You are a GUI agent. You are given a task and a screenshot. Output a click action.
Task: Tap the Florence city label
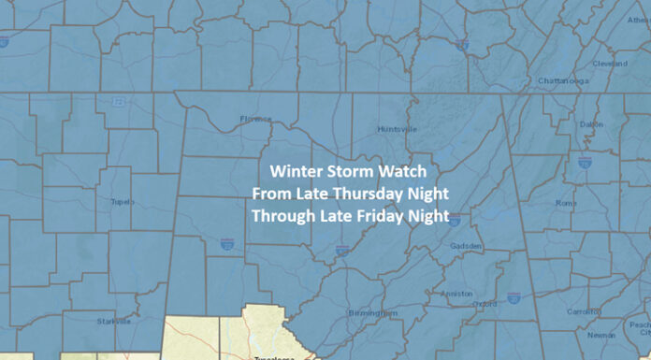255,119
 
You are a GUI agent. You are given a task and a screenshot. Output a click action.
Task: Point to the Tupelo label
121,201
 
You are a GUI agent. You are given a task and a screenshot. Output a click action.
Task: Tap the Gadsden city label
465,246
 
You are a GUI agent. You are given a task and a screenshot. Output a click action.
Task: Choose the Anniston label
456,292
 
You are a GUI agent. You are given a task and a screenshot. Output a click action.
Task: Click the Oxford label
485,303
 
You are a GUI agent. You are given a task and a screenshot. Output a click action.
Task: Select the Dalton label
591,124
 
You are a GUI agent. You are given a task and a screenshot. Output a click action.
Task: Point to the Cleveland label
610,64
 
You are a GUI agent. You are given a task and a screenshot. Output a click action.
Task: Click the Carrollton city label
585,311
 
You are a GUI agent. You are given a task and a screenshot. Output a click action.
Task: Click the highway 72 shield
118,101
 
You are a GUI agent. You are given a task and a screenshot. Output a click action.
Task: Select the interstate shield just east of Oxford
514,297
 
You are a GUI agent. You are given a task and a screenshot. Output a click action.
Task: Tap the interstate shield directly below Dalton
584,163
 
